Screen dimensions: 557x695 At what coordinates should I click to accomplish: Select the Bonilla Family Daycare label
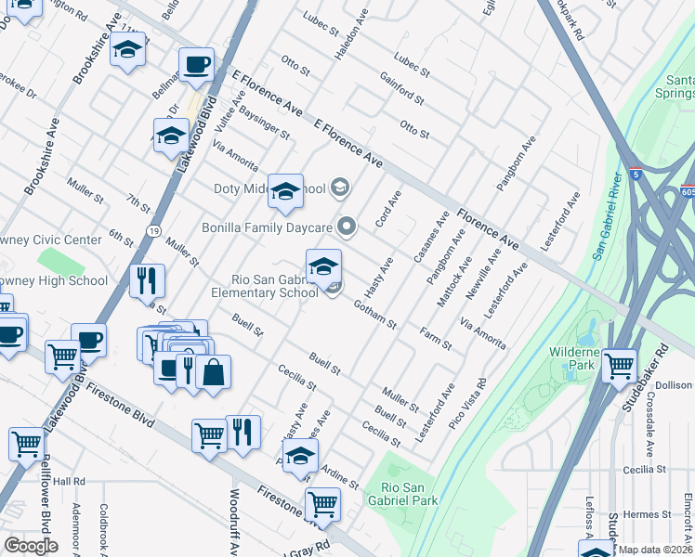coord(268,227)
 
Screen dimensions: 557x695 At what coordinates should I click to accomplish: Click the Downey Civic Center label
coord(50,240)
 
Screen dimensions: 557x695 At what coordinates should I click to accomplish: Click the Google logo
coord(31,546)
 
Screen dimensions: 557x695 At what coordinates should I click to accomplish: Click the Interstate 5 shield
coord(635,173)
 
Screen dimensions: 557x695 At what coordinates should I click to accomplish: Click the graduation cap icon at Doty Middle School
coord(285,191)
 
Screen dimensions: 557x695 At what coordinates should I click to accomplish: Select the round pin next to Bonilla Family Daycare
coord(347,226)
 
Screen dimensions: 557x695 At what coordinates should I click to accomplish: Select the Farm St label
coord(435,338)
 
